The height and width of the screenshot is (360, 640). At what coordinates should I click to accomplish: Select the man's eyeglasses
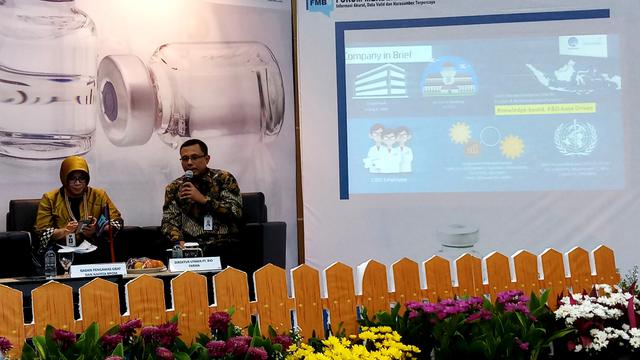(191, 158)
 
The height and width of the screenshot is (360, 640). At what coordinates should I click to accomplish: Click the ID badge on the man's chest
(208, 222)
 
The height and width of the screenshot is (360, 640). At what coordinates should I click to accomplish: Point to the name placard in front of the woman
(98, 269)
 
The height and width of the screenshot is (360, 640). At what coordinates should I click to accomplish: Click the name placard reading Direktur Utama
(194, 264)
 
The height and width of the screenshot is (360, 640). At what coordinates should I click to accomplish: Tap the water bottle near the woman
(50, 262)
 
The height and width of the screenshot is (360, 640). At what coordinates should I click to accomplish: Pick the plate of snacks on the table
(146, 264)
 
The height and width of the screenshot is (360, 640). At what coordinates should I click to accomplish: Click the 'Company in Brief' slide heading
(388, 53)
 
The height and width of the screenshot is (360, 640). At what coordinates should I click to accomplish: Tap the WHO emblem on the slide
(575, 138)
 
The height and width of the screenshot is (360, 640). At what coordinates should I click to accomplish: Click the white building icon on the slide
(380, 81)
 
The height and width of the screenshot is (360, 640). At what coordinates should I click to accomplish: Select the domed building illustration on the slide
(449, 77)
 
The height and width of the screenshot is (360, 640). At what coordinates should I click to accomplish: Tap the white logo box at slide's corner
(582, 45)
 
